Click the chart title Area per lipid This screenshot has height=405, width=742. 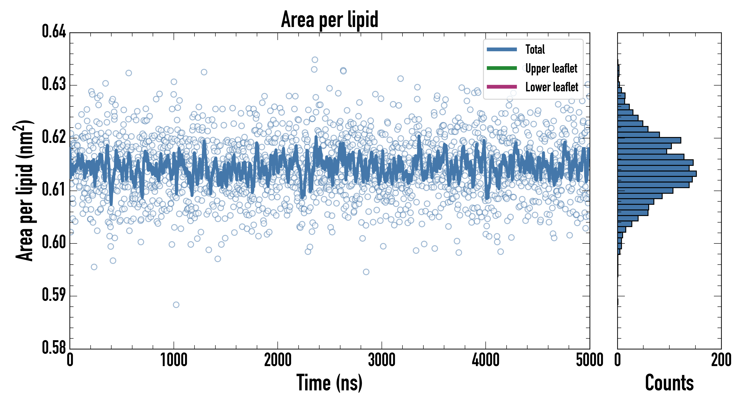[x=330, y=20]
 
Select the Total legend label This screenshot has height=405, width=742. [x=535, y=49]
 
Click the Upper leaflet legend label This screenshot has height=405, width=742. [x=551, y=68]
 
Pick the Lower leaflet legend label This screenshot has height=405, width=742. [x=552, y=87]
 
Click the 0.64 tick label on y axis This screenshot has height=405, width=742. [x=54, y=31]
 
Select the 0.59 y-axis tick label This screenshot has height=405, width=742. [x=54, y=295]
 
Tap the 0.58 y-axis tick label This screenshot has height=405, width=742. [x=54, y=347]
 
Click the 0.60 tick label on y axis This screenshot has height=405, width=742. [x=54, y=242]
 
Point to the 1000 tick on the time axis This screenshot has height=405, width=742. [x=174, y=360]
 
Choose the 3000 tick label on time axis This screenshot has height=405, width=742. [x=382, y=360]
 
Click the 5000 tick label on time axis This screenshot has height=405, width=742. [x=589, y=360]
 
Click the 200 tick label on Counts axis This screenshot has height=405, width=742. [x=721, y=360]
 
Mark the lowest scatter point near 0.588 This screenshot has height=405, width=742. [x=176, y=305]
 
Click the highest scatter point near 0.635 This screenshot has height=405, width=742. [x=315, y=60]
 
